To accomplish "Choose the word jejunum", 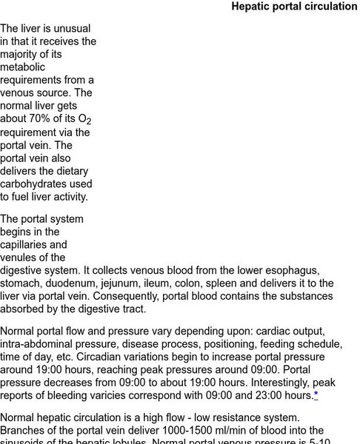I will click(135, 283).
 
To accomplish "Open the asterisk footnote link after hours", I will click(316, 394).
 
